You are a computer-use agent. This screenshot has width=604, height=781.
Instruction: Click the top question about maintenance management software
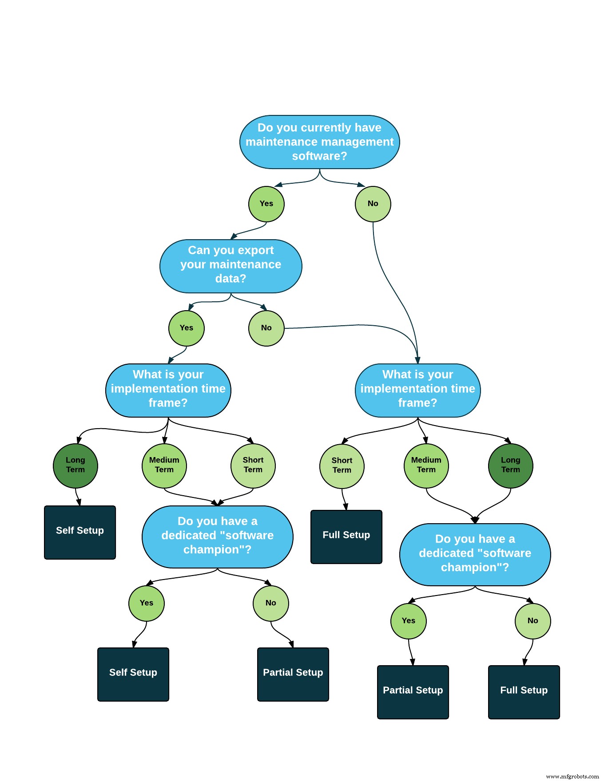tap(319, 142)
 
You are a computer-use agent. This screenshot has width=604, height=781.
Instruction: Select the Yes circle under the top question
tap(266, 204)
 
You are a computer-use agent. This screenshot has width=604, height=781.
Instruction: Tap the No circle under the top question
tap(373, 204)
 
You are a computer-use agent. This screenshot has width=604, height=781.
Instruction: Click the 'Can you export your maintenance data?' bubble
tap(230, 266)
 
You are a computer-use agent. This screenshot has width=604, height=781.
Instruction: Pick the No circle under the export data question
tap(266, 328)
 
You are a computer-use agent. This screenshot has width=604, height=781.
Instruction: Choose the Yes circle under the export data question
tap(186, 328)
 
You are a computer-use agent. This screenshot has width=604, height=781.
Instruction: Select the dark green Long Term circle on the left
tap(75, 465)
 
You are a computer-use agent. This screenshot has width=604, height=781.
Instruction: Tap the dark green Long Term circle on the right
tap(510, 465)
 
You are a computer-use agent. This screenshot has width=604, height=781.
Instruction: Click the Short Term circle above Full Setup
tap(342, 466)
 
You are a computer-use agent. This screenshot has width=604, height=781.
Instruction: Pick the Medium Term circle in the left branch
tap(164, 465)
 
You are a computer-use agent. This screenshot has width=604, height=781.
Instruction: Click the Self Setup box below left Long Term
tap(80, 532)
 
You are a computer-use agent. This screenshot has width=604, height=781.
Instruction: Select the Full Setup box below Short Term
tap(346, 536)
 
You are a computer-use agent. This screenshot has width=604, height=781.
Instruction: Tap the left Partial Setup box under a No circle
tap(293, 674)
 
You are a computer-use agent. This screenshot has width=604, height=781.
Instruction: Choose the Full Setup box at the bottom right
tap(524, 692)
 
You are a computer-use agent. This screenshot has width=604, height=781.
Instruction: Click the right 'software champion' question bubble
tap(475, 554)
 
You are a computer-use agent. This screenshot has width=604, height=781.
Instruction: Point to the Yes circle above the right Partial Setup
tap(408, 621)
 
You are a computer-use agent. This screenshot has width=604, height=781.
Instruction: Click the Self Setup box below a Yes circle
tap(133, 674)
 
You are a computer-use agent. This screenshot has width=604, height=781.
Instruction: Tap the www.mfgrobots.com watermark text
tap(572, 776)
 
